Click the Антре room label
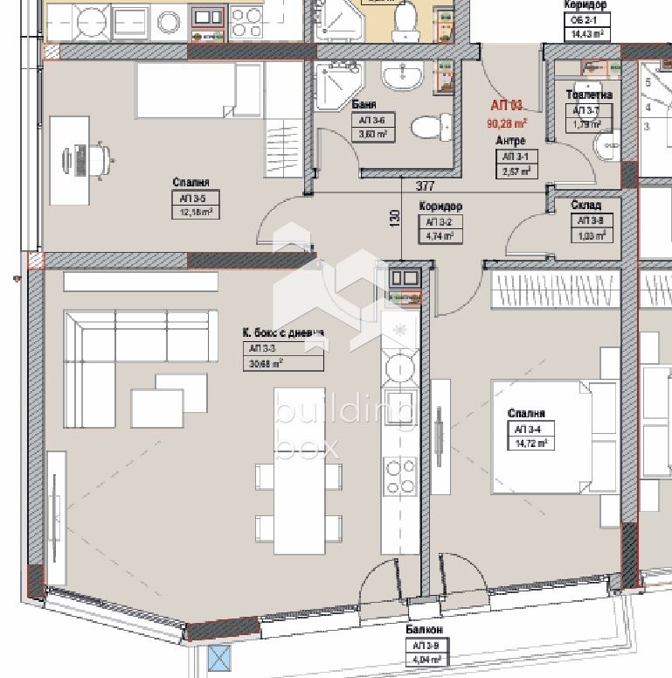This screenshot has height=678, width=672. tap(509, 140)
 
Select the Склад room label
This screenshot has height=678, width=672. tap(585, 206)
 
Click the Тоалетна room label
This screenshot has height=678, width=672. tap(589, 94)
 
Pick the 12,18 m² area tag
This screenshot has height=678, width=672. tap(194, 213)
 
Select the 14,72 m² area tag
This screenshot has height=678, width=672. tap(530, 444)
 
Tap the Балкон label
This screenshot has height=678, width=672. tap(424, 630)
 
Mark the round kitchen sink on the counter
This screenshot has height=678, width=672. tap(401, 365)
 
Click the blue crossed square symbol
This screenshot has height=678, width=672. tap(218, 657)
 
